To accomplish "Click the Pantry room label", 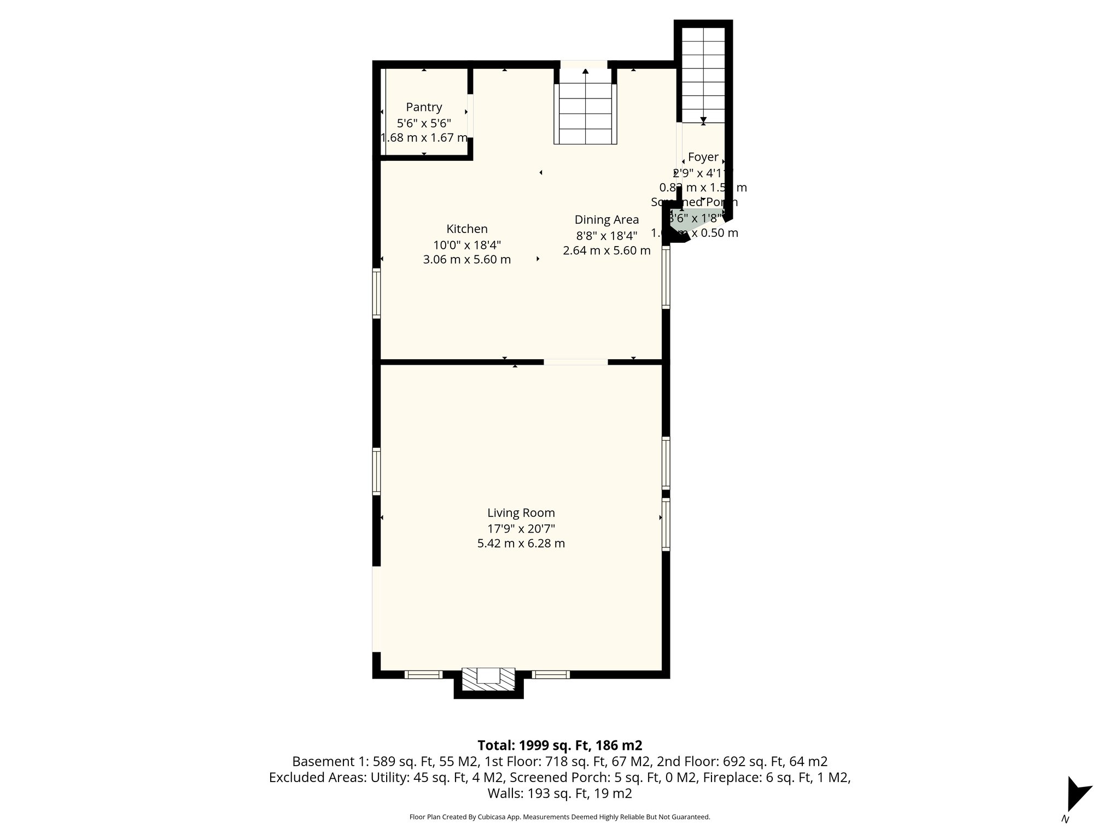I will [424, 107].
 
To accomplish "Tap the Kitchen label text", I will [466, 229].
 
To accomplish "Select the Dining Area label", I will [606, 220].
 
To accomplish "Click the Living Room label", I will [521, 513].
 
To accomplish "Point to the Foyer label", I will [703, 157].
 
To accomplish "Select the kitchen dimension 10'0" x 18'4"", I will [466, 244].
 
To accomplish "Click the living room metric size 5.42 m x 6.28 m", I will [521, 544].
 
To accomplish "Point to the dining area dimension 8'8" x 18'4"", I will [606, 236].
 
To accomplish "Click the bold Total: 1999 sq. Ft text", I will [559, 745].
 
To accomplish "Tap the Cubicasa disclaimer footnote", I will [559, 817].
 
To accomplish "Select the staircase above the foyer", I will [703, 71].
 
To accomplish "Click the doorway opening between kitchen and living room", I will [575, 361].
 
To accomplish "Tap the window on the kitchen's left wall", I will [376, 293].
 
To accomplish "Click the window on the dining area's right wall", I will [666, 277].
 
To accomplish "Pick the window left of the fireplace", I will [423, 674].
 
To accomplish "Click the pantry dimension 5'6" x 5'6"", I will [424, 123].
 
